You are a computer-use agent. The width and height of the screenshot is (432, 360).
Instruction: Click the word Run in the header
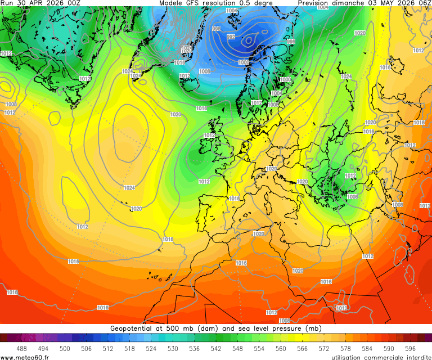[7, 3]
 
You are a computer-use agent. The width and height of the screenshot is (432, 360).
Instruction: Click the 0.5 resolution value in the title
[251, 3]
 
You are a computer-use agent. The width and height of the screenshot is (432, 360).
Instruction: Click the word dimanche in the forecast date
[352, 3]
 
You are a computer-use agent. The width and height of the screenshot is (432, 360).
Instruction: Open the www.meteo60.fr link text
[25, 357]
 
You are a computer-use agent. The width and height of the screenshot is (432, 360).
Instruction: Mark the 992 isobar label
[231, 37]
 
